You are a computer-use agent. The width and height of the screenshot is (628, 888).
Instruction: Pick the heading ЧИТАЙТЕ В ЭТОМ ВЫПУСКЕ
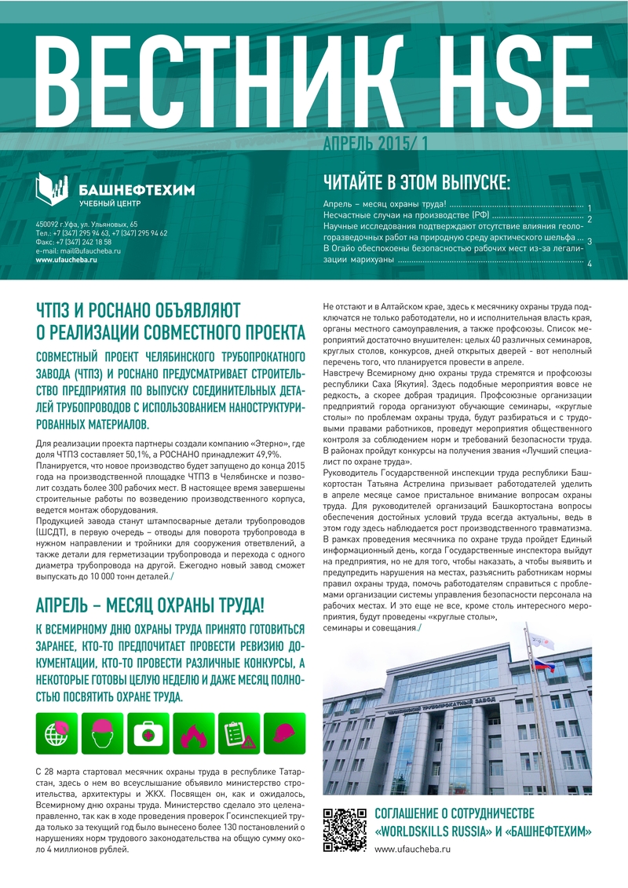417,183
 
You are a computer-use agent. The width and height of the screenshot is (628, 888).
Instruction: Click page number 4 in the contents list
589,264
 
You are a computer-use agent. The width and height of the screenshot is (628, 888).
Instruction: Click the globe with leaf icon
57,733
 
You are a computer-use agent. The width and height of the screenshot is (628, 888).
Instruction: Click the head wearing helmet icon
103,733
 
